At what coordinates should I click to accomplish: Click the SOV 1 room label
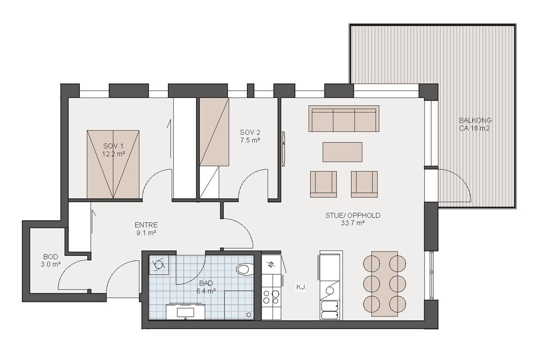point(113,146)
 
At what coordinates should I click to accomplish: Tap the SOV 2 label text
point(250,132)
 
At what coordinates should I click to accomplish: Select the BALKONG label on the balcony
point(475,120)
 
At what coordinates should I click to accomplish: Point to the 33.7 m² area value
point(352,223)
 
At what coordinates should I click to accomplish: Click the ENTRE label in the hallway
point(146,225)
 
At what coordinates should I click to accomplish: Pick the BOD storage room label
point(51,256)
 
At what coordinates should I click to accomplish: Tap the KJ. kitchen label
point(301,287)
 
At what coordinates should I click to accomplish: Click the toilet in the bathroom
point(245,269)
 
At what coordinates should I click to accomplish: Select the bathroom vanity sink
point(186,312)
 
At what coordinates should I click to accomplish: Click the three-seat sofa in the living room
point(344,119)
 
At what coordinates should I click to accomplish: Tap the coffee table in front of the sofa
point(342,152)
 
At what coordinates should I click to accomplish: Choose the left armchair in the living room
point(323,184)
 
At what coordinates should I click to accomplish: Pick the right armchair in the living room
point(364,184)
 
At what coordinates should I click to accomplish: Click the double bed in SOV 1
point(113,164)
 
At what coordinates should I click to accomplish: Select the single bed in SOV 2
point(214,132)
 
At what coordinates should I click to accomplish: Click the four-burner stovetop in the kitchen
point(271,297)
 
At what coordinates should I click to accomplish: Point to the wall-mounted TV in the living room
point(284,149)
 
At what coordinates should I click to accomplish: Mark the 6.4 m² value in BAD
point(206,291)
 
